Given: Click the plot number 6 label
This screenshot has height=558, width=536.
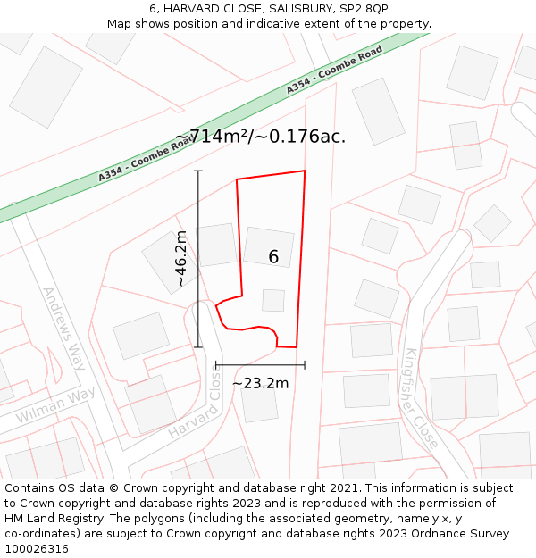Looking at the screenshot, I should [x=273, y=257].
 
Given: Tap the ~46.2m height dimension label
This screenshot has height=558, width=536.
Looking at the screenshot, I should [x=181, y=259].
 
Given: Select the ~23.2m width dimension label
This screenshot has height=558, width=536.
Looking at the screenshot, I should [x=260, y=383].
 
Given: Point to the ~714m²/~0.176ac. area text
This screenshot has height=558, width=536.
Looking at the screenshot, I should [x=260, y=137].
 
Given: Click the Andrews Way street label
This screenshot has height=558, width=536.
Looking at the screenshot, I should [x=63, y=329].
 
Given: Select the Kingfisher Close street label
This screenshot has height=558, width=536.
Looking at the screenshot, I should [x=422, y=397].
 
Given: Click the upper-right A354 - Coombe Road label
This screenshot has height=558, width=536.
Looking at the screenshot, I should [x=334, y=71].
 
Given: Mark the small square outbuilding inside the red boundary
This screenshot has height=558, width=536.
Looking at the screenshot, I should [x=273, y=300].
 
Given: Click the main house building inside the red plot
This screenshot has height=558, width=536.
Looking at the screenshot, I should [x=268, y=246].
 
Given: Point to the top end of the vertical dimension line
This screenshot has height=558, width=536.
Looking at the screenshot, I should [x=198, y=171].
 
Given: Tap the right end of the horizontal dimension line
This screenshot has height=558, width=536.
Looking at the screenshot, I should [x=305, y=364].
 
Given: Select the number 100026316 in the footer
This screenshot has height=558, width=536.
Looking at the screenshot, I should [x=37, y=549].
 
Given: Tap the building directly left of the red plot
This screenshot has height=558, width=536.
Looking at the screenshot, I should [x=216, y=245].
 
